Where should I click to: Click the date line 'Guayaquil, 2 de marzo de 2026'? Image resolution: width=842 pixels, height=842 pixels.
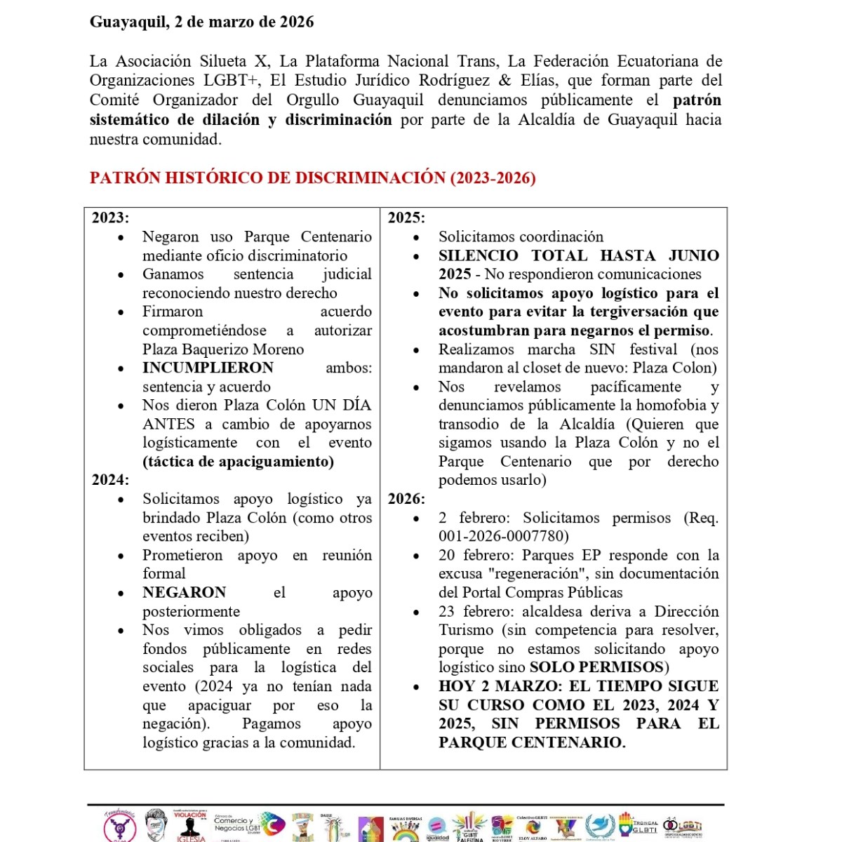pos(201,22)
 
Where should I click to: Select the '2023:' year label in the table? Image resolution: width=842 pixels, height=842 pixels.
pos(110,218)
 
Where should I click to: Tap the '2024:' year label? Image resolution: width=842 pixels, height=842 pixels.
pos(110,480)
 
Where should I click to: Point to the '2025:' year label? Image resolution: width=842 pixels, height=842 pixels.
pos(406,218)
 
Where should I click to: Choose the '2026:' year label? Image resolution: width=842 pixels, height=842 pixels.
pos(406,499)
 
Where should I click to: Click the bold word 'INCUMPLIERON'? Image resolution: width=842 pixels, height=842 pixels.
pos(208,368)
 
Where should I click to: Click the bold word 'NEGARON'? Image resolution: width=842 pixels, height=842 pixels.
pos(184,592)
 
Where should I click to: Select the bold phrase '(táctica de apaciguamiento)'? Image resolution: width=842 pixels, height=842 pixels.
pos(238,462)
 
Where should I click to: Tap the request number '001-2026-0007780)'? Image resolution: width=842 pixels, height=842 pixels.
pos(504,537)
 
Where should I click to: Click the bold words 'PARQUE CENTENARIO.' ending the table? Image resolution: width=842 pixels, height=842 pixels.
pos(531,742)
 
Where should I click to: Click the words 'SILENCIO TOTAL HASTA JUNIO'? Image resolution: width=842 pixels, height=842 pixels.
pos(579,255)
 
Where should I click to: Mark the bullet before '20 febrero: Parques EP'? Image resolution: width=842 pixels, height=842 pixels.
pos(416,556)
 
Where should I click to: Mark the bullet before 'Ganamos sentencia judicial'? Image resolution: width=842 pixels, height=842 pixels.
pos(121,274)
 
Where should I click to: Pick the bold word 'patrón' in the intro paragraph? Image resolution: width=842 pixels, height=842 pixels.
pos(697,100)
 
